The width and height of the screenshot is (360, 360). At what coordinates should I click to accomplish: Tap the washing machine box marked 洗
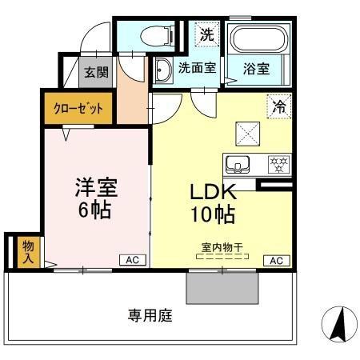[206, 35]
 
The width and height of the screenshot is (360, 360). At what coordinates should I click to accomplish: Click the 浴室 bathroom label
[256, 69]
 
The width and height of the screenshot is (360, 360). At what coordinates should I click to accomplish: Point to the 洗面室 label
[197, 69]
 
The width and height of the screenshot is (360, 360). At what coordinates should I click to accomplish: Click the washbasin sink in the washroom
[162, 70]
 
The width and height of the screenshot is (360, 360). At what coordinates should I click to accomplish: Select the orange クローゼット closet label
[78, 109]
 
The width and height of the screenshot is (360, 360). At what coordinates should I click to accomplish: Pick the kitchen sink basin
[238, 164]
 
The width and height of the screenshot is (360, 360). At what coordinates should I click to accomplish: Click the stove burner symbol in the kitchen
[278, 164]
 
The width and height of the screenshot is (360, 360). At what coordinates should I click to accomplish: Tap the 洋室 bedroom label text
[96, 189]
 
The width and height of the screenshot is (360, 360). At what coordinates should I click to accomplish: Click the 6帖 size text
[94, 212]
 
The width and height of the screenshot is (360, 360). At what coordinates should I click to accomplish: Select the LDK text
[211, 193]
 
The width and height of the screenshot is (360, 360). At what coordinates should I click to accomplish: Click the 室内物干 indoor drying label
[223, 248]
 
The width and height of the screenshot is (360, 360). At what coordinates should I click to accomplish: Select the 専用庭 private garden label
[150, 315]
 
